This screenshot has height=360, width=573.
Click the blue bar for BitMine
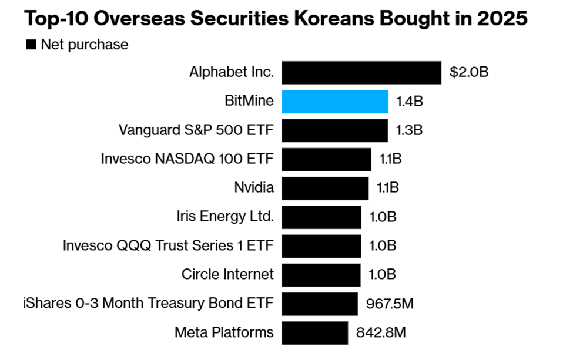click(335, 102)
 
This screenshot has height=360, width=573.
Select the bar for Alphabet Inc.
click(361, 73)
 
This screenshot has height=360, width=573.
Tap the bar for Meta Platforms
click(314, 332)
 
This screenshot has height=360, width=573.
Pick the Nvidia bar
click(325, 188)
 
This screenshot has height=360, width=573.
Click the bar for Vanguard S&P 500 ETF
click(334, 130)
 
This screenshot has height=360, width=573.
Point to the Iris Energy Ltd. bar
click(321, 217)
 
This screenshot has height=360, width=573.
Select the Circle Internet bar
click(321, 274)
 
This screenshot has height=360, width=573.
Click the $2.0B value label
click(469, 73)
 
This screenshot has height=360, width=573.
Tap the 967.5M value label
click(389, 304)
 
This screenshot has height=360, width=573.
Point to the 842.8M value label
click(381, 332)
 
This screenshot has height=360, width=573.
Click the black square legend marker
click(31, 45)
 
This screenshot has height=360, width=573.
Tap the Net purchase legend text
click(84, 45)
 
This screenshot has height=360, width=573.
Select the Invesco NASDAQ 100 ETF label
click(187, 159)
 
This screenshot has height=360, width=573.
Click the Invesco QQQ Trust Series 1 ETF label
click(168, 245)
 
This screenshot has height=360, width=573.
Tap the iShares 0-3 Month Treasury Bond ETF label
click(148, 304)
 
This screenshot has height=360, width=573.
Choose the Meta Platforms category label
click(224, 332)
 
